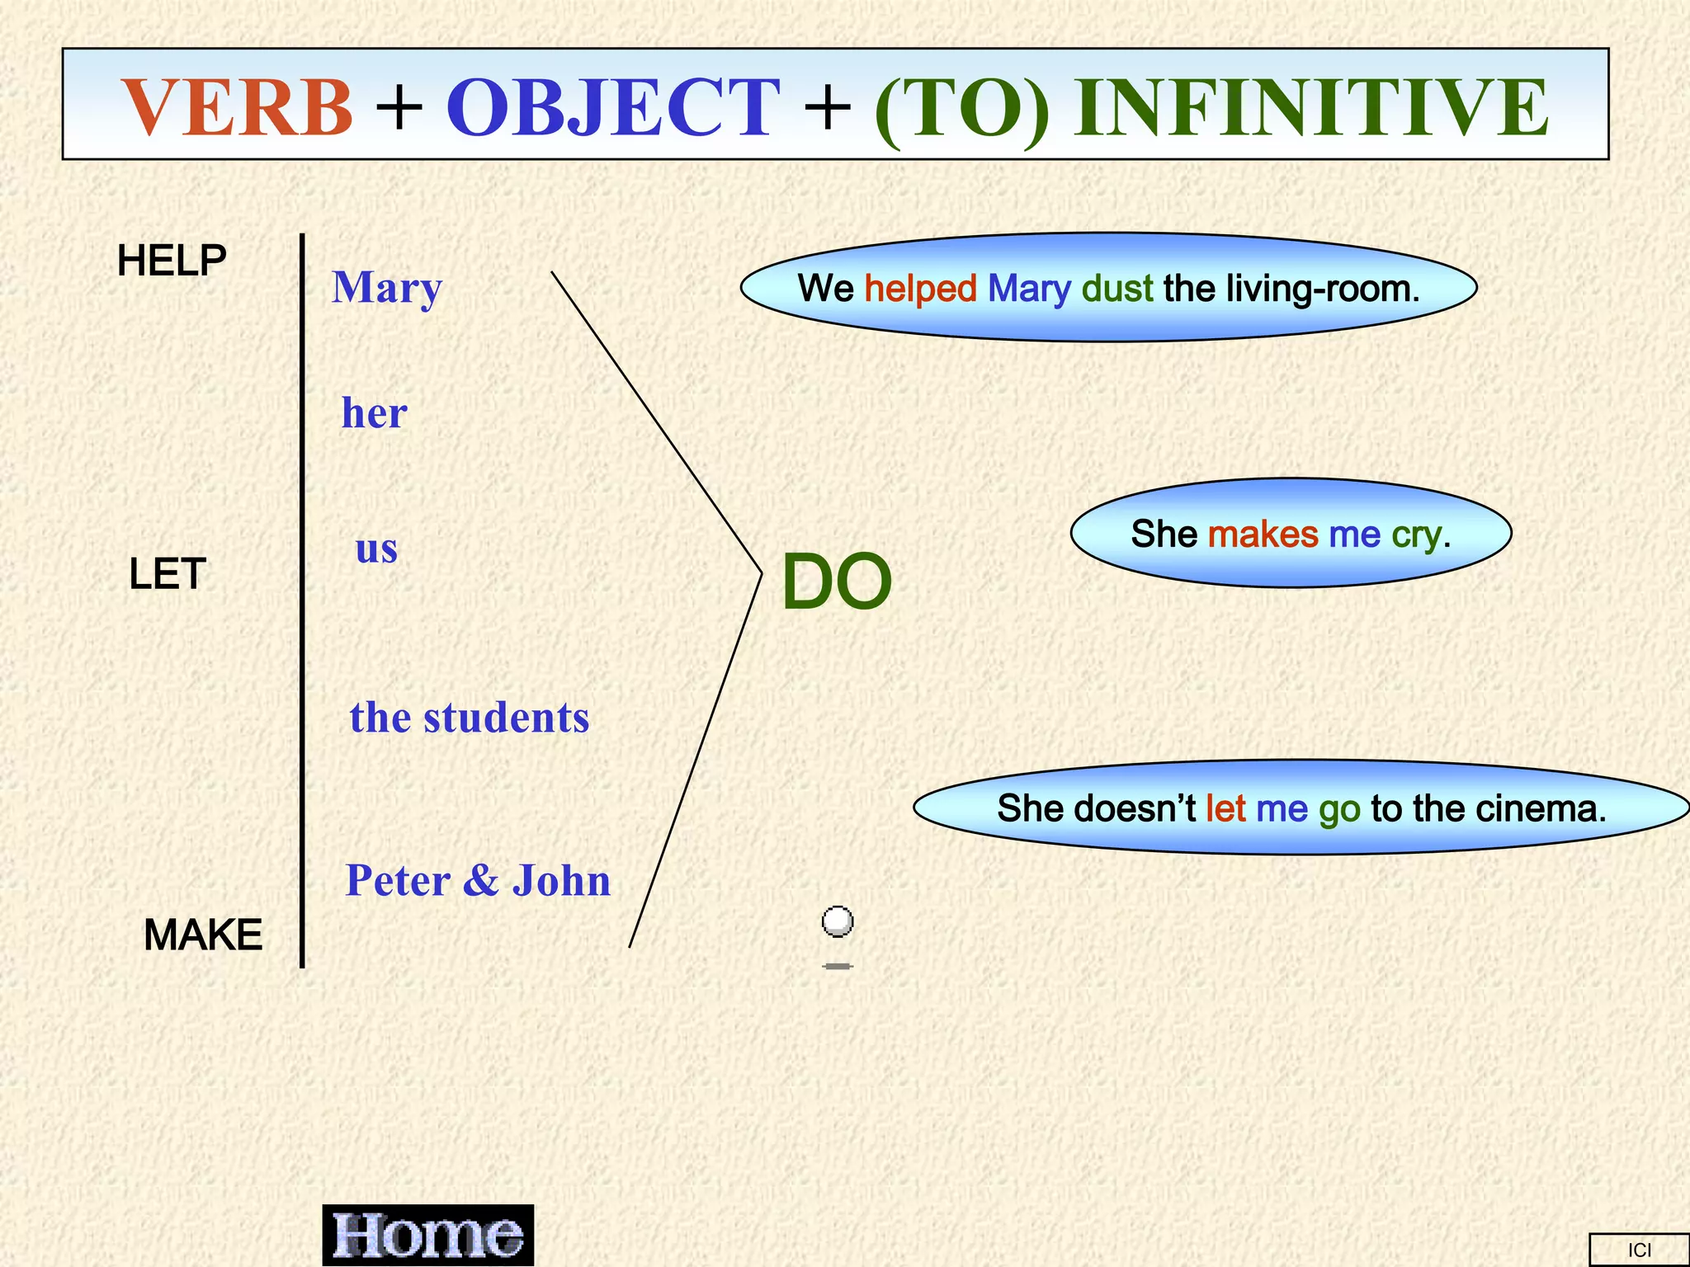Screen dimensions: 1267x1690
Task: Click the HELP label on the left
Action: pyautogui.click(x=172, y=261)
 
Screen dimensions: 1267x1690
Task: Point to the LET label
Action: pyautogui.click(x=167, y=574)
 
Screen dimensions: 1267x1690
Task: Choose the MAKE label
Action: pyautogui.click(x=203, y=935)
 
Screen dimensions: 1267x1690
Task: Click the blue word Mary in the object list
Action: pyautogui.click(x=387, y=289)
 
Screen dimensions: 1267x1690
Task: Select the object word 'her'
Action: pyautogui.click(x=375, y=413)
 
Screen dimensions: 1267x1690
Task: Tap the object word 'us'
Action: pyautogui.click(x=376, y=549)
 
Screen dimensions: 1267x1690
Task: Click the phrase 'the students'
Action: pyautogui.click(x=470, y=718)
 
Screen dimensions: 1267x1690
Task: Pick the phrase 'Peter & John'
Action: pyautogui.click(x=478, y=881)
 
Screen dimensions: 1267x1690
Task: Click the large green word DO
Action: pyautogui.click(x=836, y=582)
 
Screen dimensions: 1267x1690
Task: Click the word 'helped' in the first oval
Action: pyautogui.click(x=920, y=289)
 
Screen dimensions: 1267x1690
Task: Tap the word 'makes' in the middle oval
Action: pyautogui.click(x=1263, y=535)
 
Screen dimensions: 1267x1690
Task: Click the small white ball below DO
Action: pyautogui.click(x=838, y=921)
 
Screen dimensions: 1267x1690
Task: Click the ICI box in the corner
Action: pyautogui.click(x=1639, y=1250)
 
